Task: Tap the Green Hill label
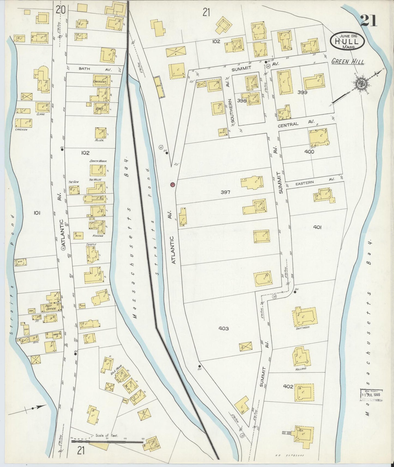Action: (x=348, y=62)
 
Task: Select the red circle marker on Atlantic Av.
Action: (x=172, y=185)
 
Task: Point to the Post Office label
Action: (x=49, y=307)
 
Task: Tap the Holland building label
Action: (x=301, y=369)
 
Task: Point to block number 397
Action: (x=225, y=192)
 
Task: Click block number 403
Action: (x=224, y=329)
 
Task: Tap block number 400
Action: (x=309, y=152)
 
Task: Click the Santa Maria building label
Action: (x=98, y=161)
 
